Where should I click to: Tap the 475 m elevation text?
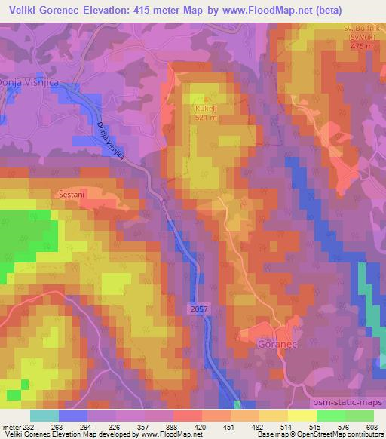pyautogui.click(x=361, y=46)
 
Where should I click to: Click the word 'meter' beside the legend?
pyautogui.click(x=11, y=426)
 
